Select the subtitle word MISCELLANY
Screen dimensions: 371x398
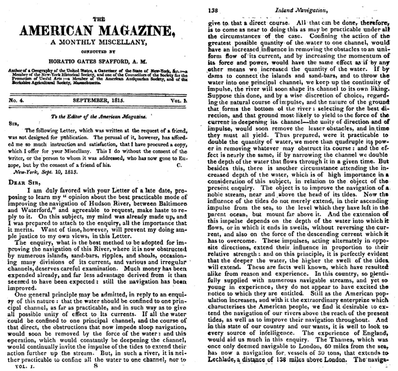[122, 43]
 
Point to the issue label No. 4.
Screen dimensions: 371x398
[16, 100]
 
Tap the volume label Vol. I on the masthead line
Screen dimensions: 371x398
[179, 100]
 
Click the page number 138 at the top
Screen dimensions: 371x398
[213, 10]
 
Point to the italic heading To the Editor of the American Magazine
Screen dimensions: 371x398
[98, 116]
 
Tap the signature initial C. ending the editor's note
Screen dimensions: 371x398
[179, 165]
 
